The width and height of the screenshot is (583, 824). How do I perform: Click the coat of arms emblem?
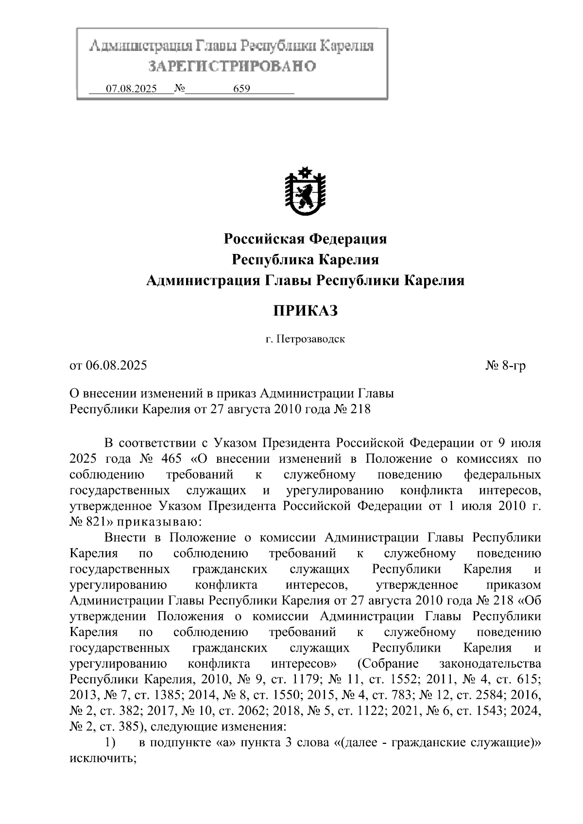(305, 191)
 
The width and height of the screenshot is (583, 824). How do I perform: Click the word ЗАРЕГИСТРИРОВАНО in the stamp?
(232, 67)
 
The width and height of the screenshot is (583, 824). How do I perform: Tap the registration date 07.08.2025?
(131, 89)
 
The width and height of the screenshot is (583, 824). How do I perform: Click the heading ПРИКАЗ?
(305, 311)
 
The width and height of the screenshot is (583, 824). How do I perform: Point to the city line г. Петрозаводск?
(305, 339)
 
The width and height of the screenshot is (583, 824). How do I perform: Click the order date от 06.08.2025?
(108, 366)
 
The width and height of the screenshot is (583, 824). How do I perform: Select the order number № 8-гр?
(505, 366)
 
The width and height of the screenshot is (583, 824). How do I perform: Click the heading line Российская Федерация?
(305, 239)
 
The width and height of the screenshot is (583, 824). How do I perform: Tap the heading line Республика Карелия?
(305, 260)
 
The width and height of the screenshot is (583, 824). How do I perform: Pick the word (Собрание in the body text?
(387, 664)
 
